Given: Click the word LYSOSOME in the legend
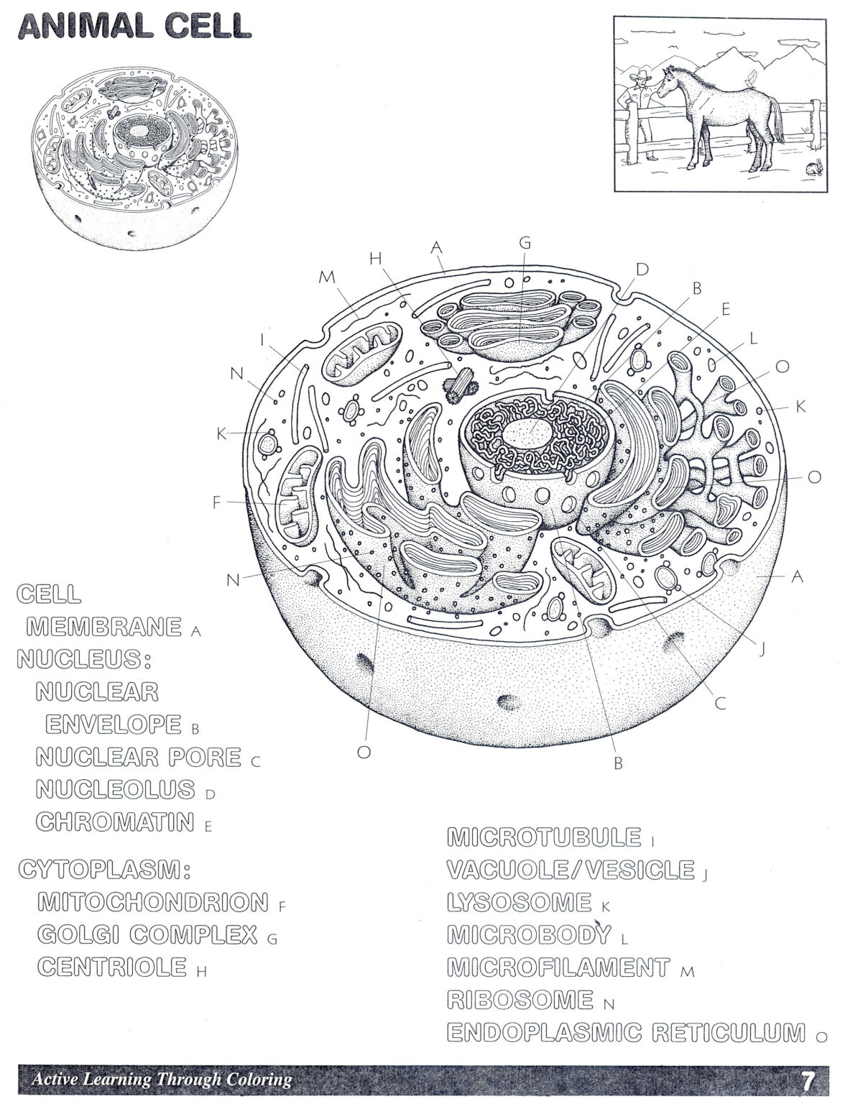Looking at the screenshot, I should (x=518, y=902).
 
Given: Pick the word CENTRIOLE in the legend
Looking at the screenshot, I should (x=113, y=967).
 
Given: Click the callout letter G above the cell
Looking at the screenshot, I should (x=525, y=243).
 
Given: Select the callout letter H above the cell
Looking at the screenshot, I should (x=375, y=260).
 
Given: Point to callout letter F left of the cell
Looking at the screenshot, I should (x=216, y=503).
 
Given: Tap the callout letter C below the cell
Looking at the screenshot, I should (x=720, y=704).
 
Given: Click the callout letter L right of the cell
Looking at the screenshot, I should (x=753, y=338).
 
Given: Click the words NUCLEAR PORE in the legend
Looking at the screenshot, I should (x=139, y=757).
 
